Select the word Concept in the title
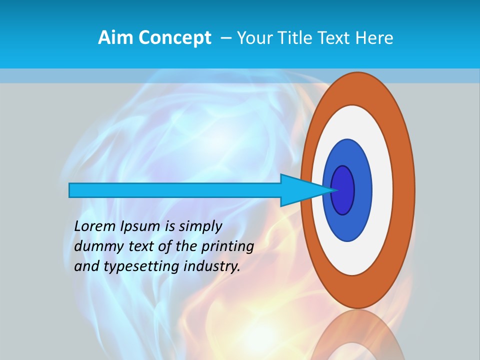coord(175,38)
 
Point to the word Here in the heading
coord(374,38)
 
